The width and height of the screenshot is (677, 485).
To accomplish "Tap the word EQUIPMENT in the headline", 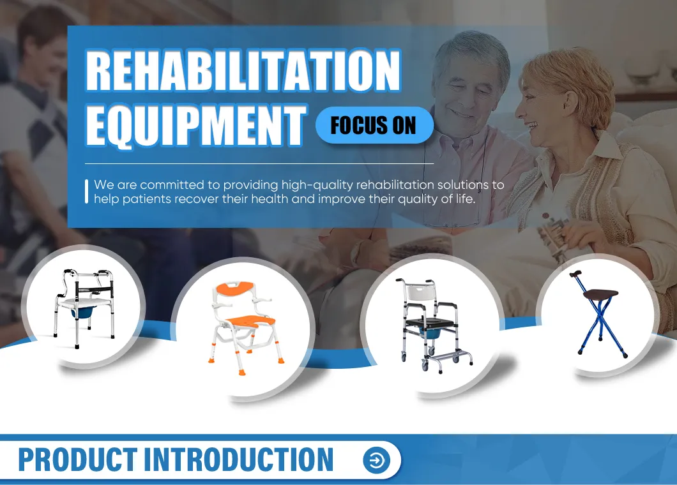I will click(x=195, y=124).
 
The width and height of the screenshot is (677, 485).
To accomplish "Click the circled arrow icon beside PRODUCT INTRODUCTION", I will click(x=376, y=459).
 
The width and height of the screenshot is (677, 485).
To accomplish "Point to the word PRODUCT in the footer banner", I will click(x=77, y=459).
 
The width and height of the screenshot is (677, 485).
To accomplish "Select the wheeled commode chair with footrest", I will click(x=432, y=325).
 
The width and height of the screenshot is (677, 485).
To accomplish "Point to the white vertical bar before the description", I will click(x=86, y=191).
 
